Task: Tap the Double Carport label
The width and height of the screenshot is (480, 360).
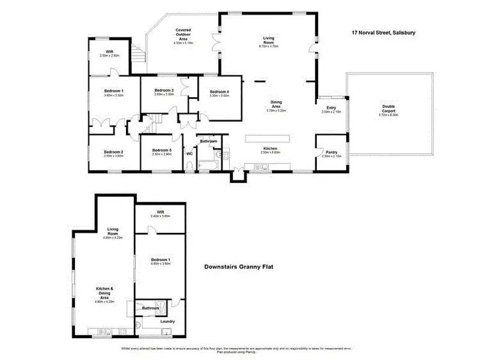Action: click(x=388, y=106)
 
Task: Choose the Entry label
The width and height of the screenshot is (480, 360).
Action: click(x=331, y=108)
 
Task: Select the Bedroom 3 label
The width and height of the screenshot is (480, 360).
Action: click(x=164, y=91)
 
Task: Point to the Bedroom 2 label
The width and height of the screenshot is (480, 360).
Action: click(x=113, y=152)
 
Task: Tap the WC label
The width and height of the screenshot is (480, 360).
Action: click(x=189, y=153)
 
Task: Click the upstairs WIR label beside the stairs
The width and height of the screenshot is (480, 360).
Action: click(x=109, y=52)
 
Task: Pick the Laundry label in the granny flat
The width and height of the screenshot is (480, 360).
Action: click(x=168, y=321)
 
